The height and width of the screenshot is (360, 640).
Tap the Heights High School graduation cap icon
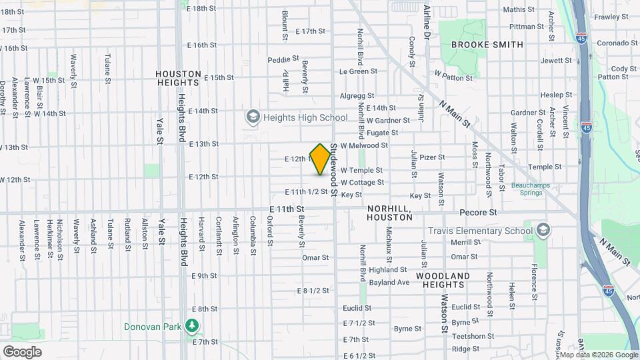pyautogui.click(x=253, y=118)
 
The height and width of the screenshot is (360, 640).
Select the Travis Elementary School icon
pyautogui.click(x=543, y=231)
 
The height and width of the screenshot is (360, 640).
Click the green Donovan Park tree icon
pyautogui.click(x=193, y=326)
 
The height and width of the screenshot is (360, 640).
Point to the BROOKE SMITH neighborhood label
pyautogui.click(x=487, y=45)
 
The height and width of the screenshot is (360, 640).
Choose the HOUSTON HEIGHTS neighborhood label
pyautogui.click(x=177, y=79)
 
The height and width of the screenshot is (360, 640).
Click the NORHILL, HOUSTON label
pyautogui.click(x=390, y=213)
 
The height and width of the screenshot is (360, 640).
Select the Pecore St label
pyautogui.click(x=479, y=213)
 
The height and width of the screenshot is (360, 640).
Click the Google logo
pyautogui.click(x=23, y=351)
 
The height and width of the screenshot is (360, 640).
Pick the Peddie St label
pyautogui.click(x=283, y=59)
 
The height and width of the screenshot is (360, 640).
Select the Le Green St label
pyautogui.click(x=358, y=71)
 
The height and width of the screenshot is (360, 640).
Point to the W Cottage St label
pyautogui.click(x=362, y=183)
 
